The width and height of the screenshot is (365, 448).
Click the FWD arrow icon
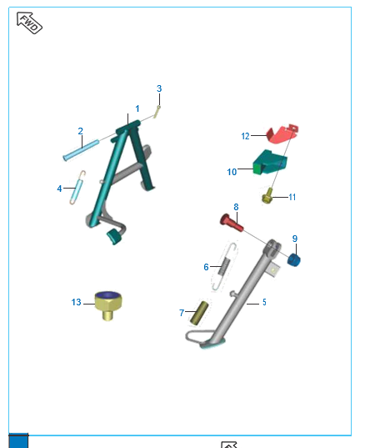29,23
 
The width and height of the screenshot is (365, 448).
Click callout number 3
159,88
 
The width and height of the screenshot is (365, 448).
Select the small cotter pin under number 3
157,112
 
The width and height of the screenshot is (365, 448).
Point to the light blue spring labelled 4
77,188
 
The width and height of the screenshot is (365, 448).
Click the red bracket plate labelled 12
282,133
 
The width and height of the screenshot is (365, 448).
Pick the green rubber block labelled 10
270,162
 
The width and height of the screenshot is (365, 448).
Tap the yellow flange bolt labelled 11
267,196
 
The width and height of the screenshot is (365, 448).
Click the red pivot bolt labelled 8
232,223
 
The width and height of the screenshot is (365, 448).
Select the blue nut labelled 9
293,259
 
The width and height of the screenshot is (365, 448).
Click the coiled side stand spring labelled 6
225,267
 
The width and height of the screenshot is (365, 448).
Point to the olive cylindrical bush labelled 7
199,313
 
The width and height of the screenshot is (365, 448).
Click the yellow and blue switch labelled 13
108,305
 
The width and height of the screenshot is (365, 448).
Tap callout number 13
76,302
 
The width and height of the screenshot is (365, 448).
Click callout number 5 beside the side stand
264,302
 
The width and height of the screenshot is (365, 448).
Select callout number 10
232,172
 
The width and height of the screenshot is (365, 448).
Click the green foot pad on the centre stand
114,236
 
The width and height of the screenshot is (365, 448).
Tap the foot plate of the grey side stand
212,344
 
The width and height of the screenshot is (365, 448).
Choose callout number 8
236,207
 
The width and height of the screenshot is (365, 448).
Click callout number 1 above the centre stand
137,108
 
